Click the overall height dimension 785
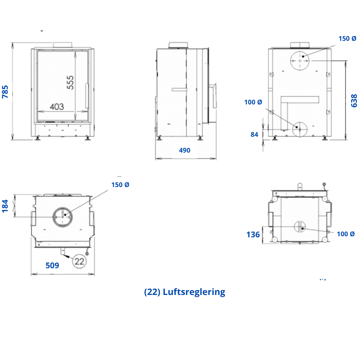coord(5,92)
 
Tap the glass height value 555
coord(70,82)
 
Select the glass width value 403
coord(57,107)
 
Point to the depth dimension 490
coord(185,150)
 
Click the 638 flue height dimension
coord(354,101)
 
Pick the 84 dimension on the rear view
coord(255,135)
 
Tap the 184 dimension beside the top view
coord(5,206)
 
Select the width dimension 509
coord(52,265)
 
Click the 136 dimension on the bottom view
coord(253,234)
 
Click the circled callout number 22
coord(79,261)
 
